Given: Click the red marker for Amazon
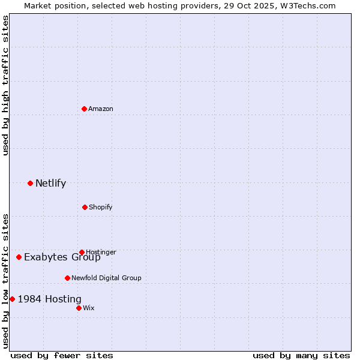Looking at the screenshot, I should pyautogui.click(x=84, y=109).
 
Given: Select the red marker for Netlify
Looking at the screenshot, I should pyautogui.click(x=30, y=183).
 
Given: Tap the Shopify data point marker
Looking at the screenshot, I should pyautogui.click(x=85, y=207).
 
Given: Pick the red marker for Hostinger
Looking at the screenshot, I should pyautogui.click(x=82, y=252).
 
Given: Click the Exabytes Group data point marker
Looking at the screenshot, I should pyautogui.click(x=19, y=257).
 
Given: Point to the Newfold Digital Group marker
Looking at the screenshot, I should pyautogui.click(x=67, y=278).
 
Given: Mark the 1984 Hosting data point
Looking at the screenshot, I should pyautogui.click(x=12, y=299).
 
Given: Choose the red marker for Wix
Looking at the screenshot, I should pyautogui.click(x=79, y=308).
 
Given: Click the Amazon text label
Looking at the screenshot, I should pyautogui.click(x=101, y=109).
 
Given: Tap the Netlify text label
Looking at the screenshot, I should pyautogui.click(x=50, y=183).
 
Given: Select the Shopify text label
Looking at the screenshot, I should pyautogui.click(x=101, y=207).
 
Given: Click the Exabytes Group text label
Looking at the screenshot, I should pyautogui.click(x=62, y=257).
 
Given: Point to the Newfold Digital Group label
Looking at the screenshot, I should pyautogui.click(x=106, y=278).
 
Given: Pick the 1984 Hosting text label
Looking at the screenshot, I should pyautogui.click(x=50, y=299).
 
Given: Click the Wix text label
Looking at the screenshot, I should pyautogui.click(x=89, y=308).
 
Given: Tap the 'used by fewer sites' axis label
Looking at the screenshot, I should pyautogui.click(x=62, y=355).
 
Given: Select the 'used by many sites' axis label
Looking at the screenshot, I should pyautogui.click(x=301, y=355).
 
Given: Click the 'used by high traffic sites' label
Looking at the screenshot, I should pyautogui.click(x=5, y=86).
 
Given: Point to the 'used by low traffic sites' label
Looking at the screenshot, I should pyautogui.click(x=5, y=281).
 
